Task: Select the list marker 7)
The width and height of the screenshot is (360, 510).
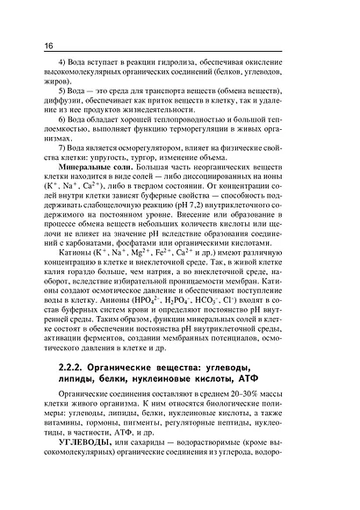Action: tap(61, 149)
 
